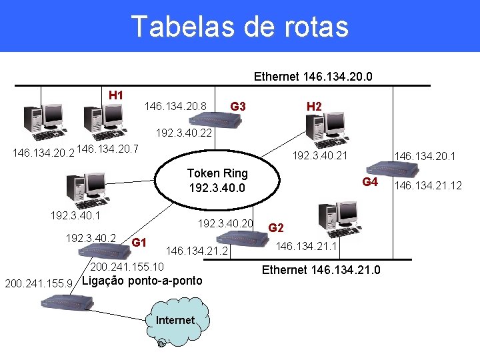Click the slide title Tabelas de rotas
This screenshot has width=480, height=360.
240,26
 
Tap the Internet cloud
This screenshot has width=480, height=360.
175,320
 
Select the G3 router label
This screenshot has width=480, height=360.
238,107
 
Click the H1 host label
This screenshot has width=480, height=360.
116,95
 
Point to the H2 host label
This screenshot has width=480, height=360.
314,107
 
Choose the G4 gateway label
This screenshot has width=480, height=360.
370,183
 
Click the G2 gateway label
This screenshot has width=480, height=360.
276,228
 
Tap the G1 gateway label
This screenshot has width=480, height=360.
139,241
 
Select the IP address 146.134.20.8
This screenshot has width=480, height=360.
175,107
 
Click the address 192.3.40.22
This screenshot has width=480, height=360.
183,133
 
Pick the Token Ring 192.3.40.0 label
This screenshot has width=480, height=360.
217,181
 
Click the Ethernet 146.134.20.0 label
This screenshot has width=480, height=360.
313,77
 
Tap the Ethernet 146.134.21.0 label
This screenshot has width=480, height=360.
321,270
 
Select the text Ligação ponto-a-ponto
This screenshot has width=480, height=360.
142,280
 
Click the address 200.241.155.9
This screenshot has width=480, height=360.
39,284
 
